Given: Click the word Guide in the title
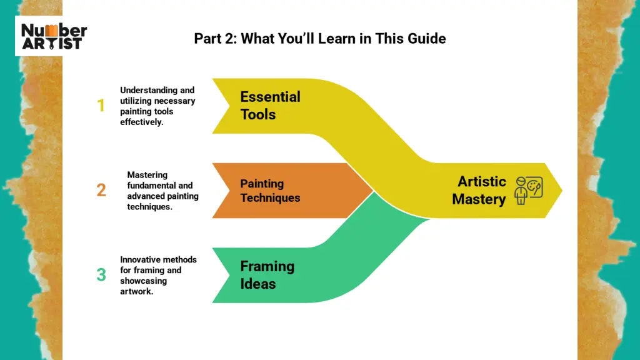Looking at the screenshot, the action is [427, 38].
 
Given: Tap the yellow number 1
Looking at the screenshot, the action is [101, 106].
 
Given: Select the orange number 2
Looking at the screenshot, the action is [101, 190].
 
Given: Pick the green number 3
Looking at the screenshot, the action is [101, 274].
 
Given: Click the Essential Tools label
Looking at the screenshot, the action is [270, 106].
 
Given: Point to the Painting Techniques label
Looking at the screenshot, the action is [270, 191].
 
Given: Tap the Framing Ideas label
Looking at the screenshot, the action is [267, 275].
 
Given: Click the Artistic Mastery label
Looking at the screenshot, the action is [479, 191].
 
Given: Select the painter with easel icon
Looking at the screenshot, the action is [529, 190].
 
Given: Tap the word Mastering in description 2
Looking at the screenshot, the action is [147, 175].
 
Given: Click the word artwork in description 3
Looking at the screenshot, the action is [136, 291].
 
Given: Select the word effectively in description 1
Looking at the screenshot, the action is [141, 122].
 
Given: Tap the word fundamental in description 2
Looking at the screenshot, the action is [151, 186].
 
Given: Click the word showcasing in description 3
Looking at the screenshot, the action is [143, 281].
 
